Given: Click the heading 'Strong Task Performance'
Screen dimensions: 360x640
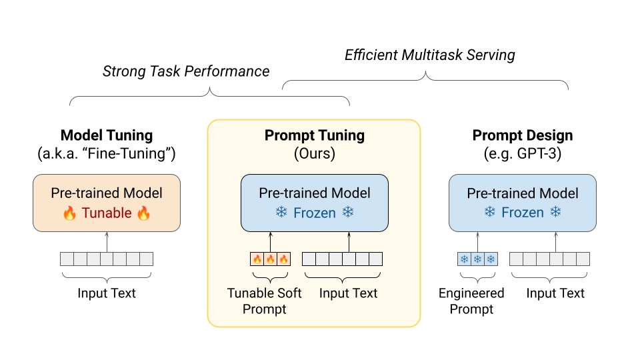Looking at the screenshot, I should click(x=186, y=71).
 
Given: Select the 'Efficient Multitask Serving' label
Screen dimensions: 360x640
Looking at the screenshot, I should click(x=430, y=55).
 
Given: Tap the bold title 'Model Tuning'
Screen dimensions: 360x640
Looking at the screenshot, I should click(x=107, y=135).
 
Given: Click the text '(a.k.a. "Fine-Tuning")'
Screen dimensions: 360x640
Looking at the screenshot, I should click(x=107, y=154).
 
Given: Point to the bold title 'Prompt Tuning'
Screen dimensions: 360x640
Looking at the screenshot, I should click(x=315, y=135).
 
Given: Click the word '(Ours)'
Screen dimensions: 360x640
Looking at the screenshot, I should click(x=315, y=154).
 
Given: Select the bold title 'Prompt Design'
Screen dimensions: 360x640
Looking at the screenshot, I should click(x=523, y=135).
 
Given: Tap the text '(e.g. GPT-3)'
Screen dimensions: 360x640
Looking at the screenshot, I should click(x=523, y=154).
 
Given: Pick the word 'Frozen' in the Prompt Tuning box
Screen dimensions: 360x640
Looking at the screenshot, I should click(x=314, y=213).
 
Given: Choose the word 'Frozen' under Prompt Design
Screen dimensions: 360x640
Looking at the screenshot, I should click(x=523, y=213).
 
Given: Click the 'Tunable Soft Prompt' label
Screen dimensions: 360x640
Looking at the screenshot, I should click(x=265, y=301).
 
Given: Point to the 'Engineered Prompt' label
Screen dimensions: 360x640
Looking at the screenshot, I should click(x=471, y=301).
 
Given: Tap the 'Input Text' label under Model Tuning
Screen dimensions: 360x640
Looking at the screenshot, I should click(x=107, y=293).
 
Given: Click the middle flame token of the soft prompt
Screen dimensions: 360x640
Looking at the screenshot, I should click(x=271, y=259).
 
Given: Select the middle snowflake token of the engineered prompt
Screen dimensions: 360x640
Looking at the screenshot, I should click(x=478, y=259).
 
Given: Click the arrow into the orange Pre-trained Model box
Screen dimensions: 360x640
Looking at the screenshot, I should click(x=107, y=241).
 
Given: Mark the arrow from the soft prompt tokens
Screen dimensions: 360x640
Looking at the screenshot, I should click(x=271, y=241).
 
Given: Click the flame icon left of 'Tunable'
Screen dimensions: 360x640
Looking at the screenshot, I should click(x=70, y=213).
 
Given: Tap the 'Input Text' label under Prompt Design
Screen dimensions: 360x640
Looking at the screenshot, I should click(x=555, y=293).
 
